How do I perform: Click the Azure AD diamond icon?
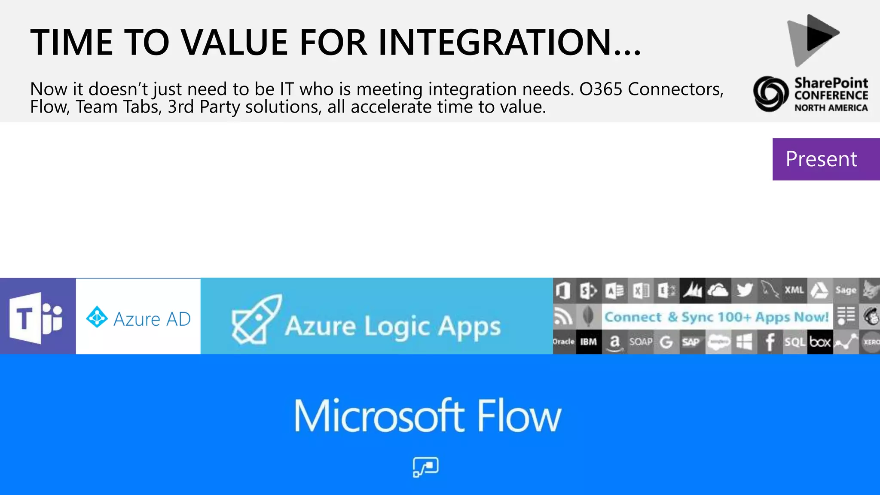(97, 318)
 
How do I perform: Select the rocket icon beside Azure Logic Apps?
(257, 320)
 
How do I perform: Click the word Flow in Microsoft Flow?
(519, 416)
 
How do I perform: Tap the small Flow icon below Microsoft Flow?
(425, 467)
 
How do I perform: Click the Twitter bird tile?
(744, 290)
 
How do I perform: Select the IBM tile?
(588, 342)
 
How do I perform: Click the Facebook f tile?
(770, 342)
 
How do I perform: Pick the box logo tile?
(820, 342)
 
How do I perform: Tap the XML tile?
(794, 290)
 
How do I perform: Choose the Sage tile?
(846, 290)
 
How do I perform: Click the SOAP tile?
(640, 342)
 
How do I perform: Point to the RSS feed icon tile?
(563, 317)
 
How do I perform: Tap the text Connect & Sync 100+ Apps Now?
(716, 317)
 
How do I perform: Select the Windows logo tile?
(744, 342)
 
